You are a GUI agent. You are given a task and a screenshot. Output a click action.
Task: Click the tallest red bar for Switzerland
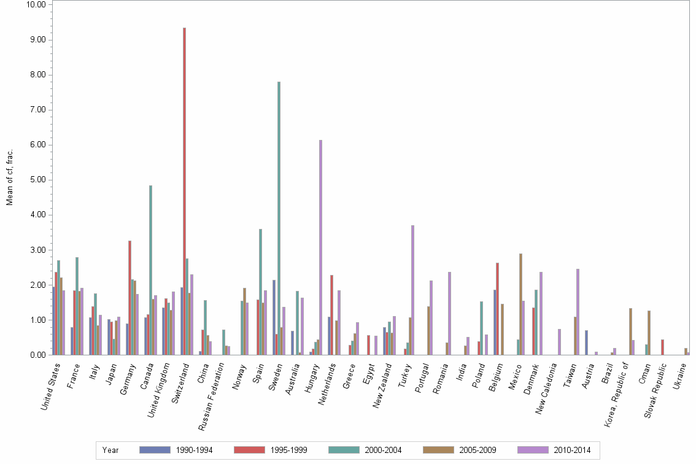point(184,191)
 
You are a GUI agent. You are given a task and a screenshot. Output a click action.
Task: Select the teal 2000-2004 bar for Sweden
point(279,218)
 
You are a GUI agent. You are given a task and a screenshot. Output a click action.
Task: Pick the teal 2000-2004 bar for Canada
point(150,270)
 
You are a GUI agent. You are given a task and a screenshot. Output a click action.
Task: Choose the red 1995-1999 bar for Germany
point(130,298)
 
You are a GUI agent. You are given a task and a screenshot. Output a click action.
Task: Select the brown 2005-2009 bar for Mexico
point(520,304)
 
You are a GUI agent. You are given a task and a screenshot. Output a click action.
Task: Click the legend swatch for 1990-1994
point(155,450)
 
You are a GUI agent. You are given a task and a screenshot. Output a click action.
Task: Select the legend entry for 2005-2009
point(459,450)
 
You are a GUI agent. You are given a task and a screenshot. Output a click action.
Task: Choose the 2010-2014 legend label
point(571,450)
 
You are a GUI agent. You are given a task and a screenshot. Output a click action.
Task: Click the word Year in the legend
point(110,450)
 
